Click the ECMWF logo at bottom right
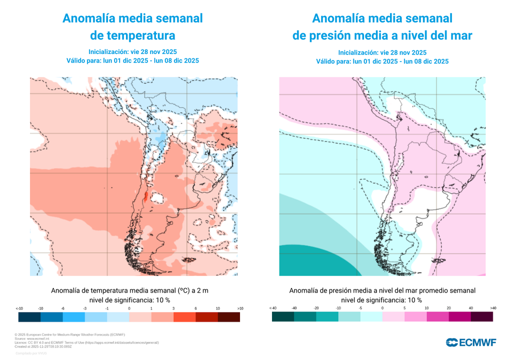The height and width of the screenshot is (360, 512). tap(470, 342)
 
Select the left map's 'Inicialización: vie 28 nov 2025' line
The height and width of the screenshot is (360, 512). tap(132, 51)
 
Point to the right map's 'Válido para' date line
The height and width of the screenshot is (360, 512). tap(382, 61)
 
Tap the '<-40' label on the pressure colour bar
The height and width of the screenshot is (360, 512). tap(272, 308)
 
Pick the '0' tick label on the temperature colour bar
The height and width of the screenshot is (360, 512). tap(129, 308)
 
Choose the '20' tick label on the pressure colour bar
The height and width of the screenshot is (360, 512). tap(448, 308)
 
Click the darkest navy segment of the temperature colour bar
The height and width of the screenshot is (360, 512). tap(29, 317)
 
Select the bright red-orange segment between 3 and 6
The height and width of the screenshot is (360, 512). tap(184, 317)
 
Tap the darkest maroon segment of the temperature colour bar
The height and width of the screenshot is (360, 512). tap(228, 317)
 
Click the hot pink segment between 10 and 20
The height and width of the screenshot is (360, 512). tap(437, 317)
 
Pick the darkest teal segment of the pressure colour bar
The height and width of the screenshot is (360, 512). tap(283, 317)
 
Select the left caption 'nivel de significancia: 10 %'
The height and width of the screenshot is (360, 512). tap(129, 300)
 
